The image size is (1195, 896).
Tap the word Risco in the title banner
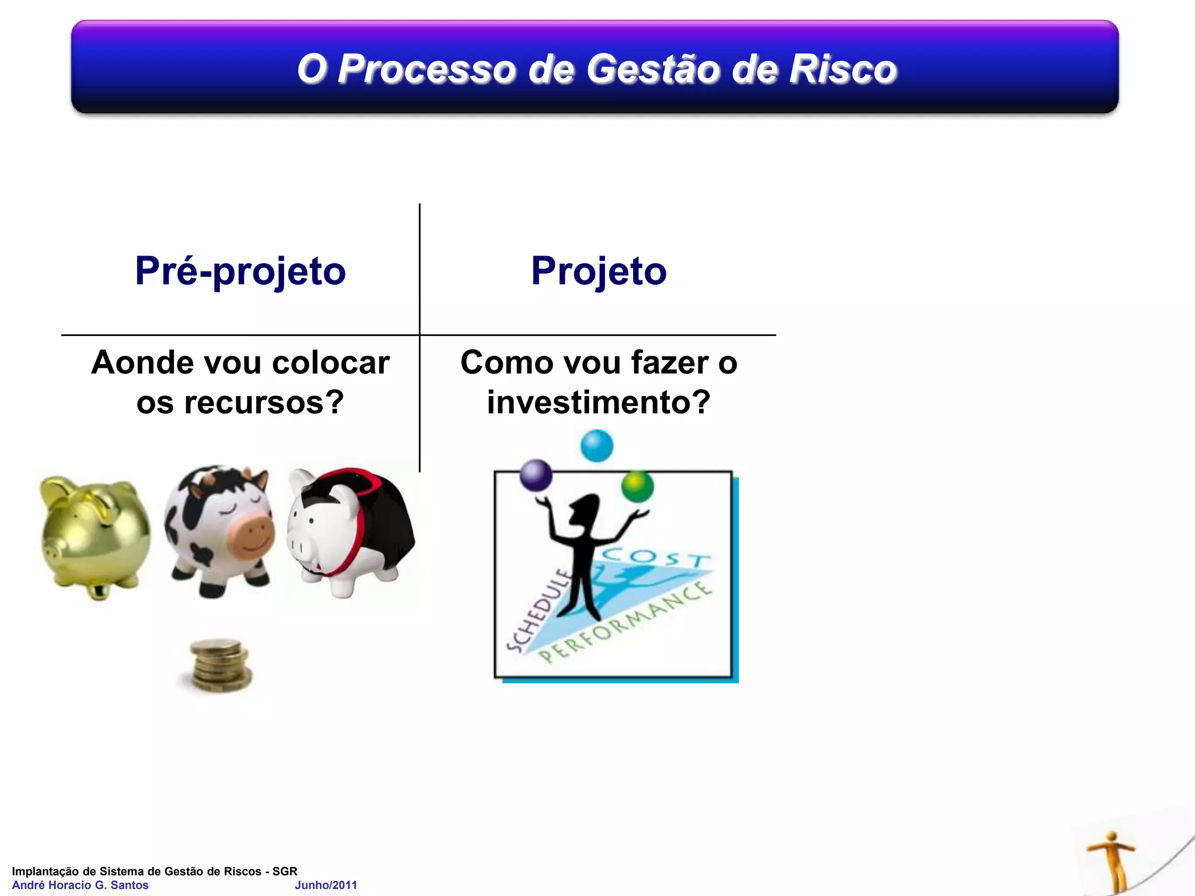coord(843,69)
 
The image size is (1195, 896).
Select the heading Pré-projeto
coord(240,271)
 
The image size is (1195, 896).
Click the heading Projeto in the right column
coord(599,271)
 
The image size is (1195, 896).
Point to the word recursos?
coord(264,402)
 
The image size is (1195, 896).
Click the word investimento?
coord(599,402)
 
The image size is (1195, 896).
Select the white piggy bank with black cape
coord(350,531)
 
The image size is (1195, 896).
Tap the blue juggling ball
coord(596,446)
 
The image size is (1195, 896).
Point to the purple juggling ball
coord(536,475)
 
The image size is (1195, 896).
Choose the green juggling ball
coord(637,486)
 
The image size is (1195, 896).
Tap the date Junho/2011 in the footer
coord(326,885)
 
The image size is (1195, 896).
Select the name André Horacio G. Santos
coord(80,885)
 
